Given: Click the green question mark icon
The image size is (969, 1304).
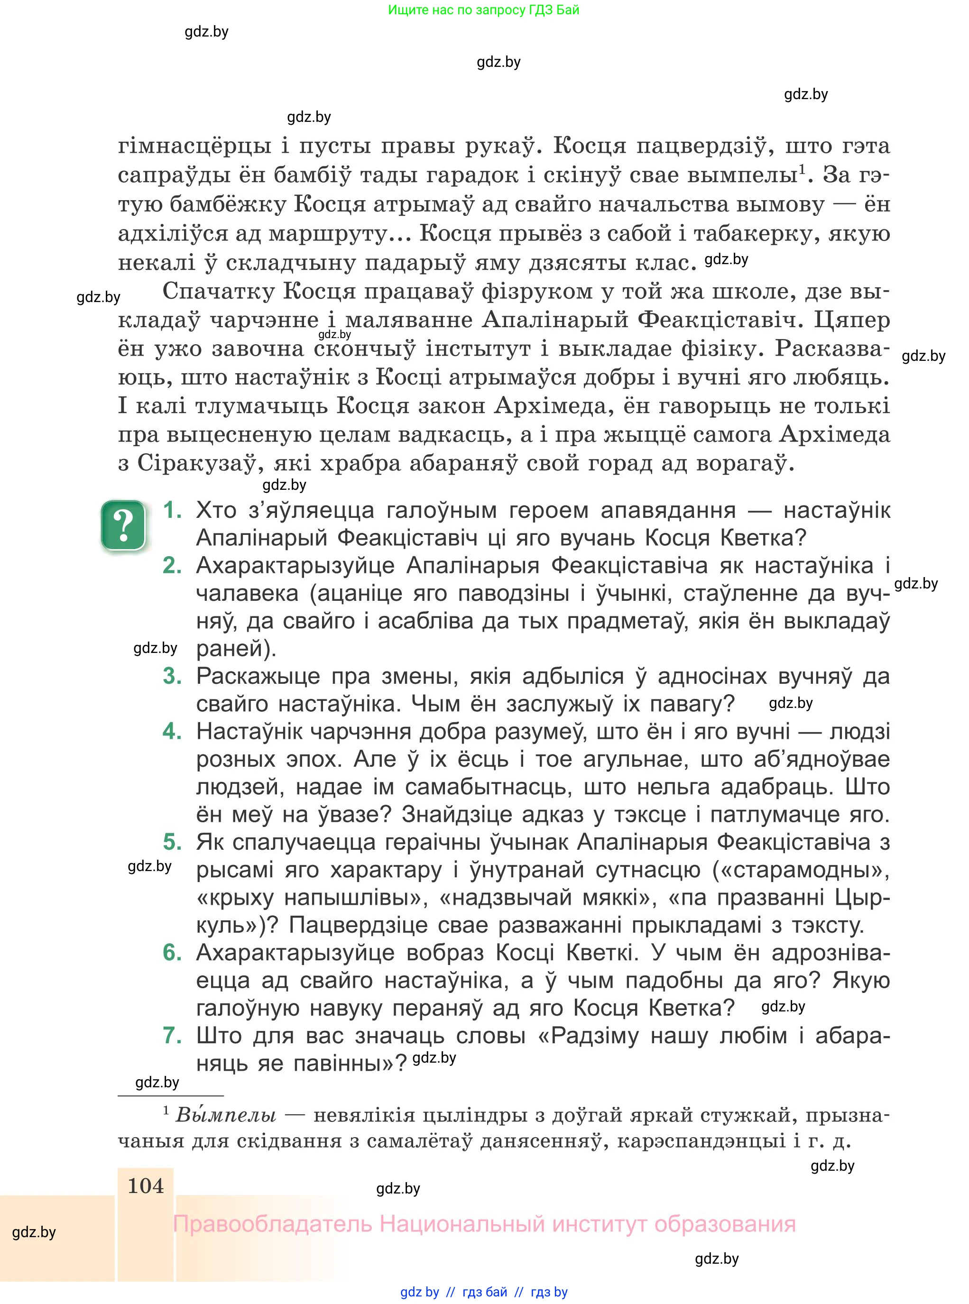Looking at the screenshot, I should pyautogui.click(x=123, y=525).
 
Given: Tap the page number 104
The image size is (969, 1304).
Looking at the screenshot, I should pyautogui.click(x=146, y=1185).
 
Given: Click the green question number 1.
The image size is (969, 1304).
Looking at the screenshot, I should pyautogui.click(x=172, y=510).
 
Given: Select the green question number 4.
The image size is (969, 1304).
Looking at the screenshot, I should pyautogui.click(x=172, y=731).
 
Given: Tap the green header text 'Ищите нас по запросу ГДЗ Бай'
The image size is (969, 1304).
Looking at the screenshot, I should pyautogui.click(x=483, y=10).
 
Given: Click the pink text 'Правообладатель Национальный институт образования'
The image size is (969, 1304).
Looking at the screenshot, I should pyautogui.click(x=484, y=1224).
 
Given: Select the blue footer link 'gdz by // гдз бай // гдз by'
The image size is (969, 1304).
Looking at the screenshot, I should pyautogui.click(x=484, y=1292).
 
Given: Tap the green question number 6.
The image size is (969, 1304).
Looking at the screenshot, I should pyautogui.click(x=172, y=952).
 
